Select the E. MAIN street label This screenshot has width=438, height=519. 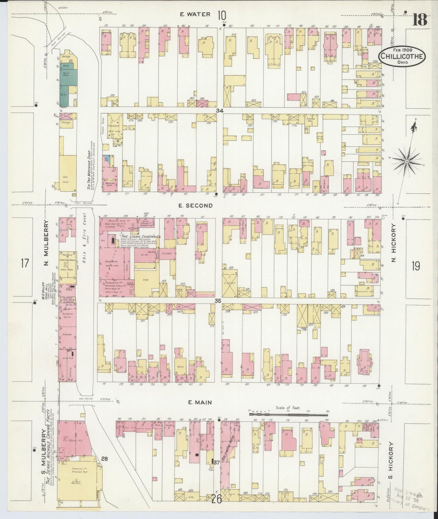pos(199,402)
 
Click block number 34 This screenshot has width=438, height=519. pos(220,111)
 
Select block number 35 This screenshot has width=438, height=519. pos(218,301)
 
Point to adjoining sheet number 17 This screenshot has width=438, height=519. pos(25,263)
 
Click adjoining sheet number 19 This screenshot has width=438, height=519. pos(416,266)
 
